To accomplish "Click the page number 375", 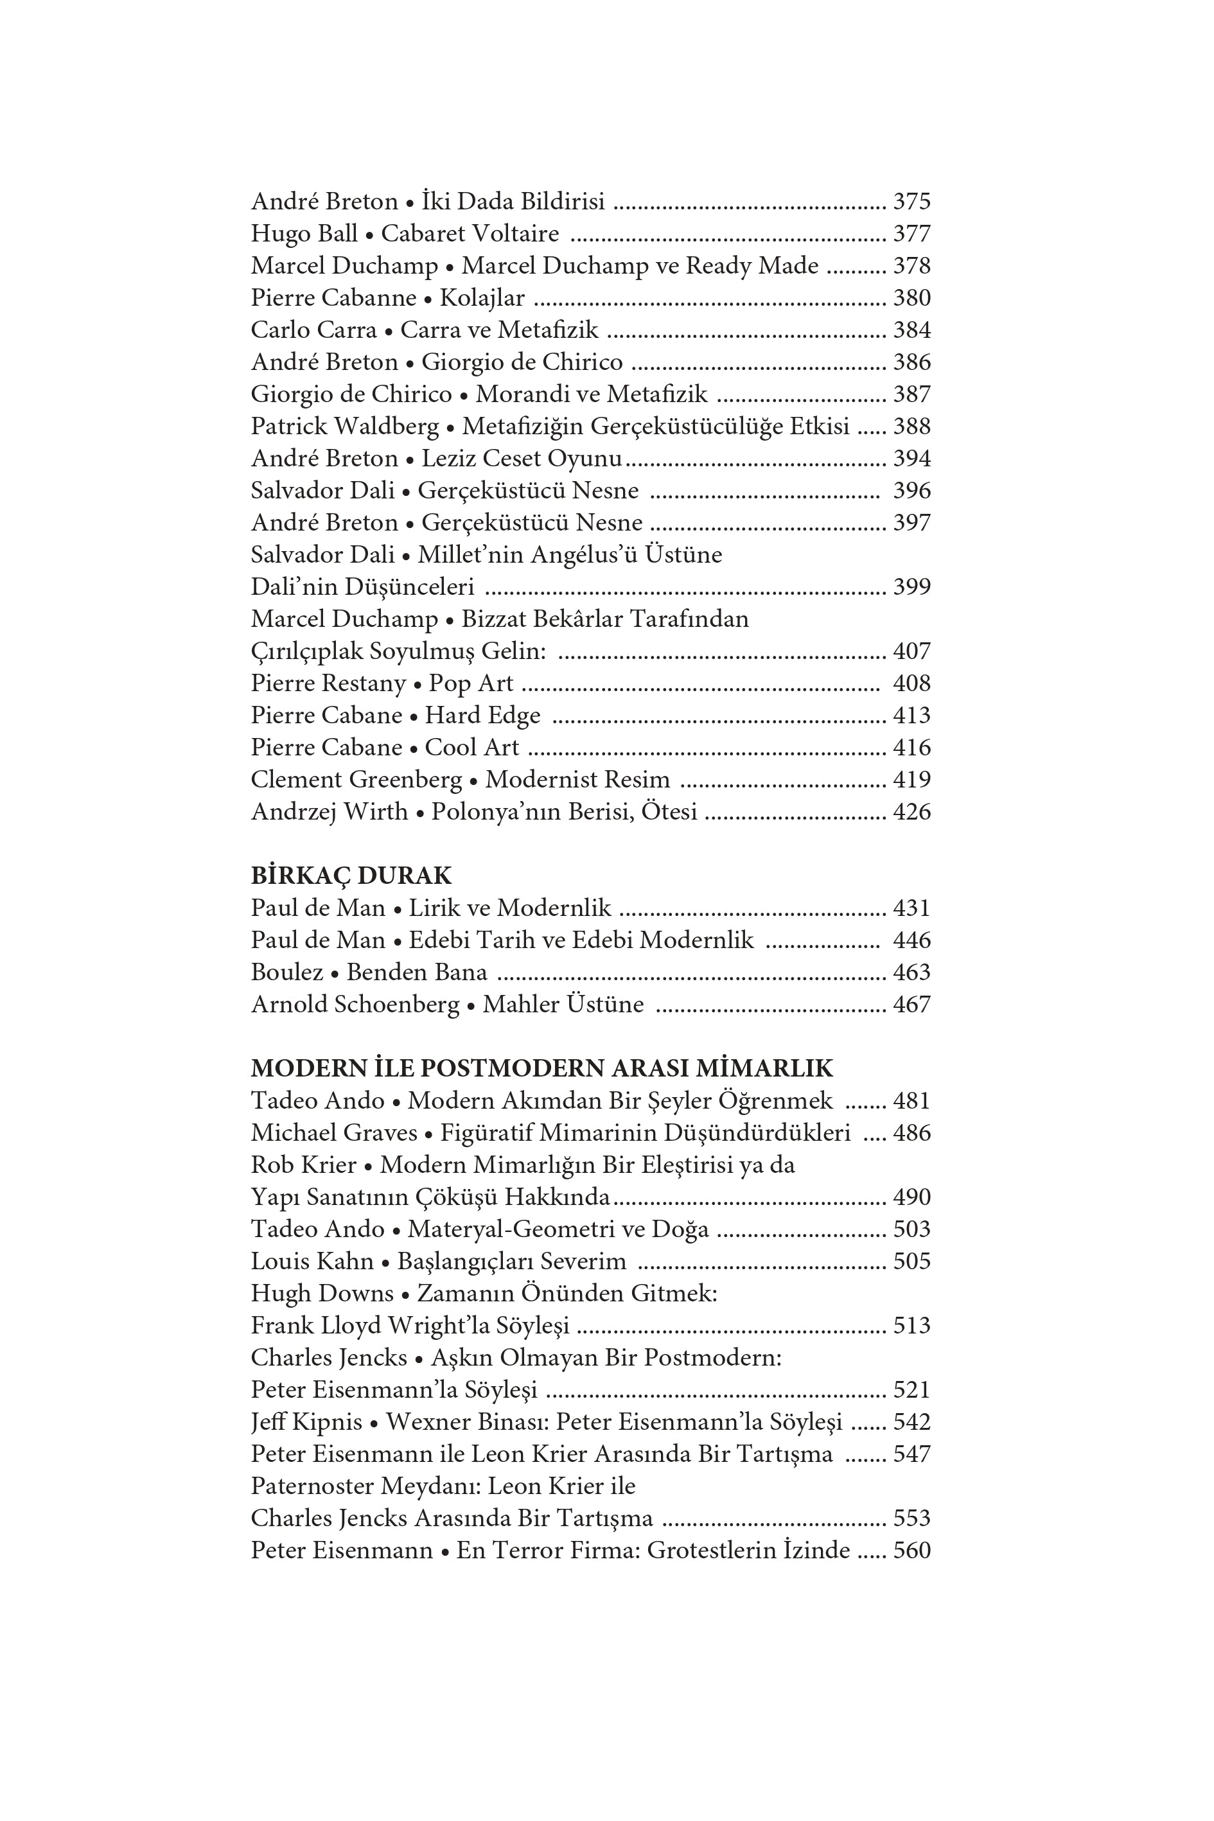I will (x=911, y=201).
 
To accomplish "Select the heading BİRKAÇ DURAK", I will (x=351, y=875).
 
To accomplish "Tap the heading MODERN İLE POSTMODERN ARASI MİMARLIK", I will (x=541, y=1068).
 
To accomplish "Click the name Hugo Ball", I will (x=304, y=234).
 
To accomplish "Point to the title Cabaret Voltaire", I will (x=470, y=234).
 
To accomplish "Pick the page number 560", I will (x=911, y=1550).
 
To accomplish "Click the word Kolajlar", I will (x=482, y=298).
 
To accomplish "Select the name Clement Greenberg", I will (x=356, y=780).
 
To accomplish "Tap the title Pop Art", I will (x=471, y=683).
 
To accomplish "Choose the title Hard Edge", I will (x=482, y=716).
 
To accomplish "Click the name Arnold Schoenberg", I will (x=355, y=1005).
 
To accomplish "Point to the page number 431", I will (x=911, y=908).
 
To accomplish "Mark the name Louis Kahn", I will (x=312, y=1262).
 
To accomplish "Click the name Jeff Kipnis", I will (x=306, y=1422).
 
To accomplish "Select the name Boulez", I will (x=286, y=972).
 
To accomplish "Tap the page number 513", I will (x=911, y=1326).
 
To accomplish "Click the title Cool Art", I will (x=471, y=748).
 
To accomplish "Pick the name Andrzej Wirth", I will (x=329, y=812).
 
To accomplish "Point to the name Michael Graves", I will (x=334, y=1134).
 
